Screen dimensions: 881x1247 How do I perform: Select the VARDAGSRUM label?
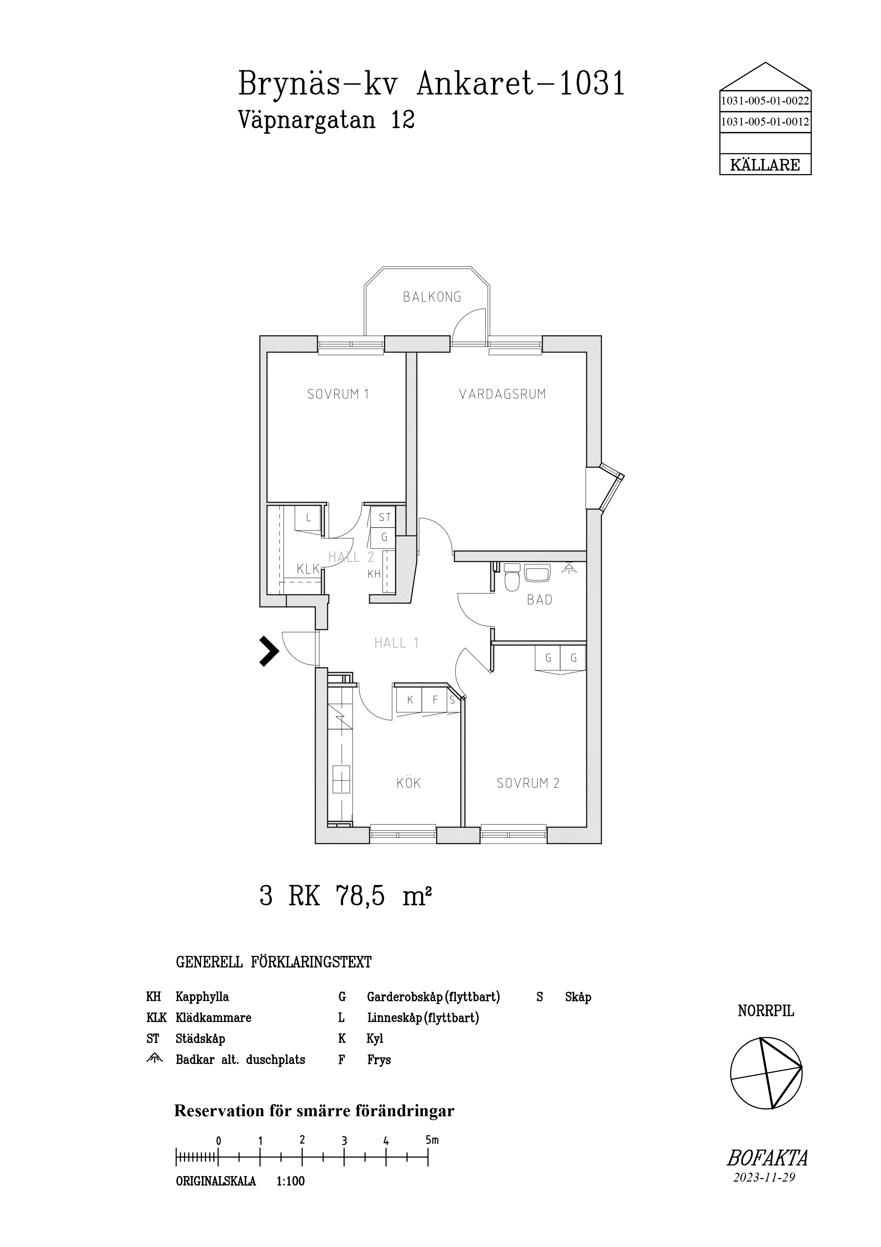coord(503,394)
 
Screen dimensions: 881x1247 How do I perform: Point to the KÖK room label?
coord(408,783)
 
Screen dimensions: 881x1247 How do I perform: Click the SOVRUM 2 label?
coord(528,783)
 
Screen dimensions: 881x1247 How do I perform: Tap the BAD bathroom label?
coord(539,600)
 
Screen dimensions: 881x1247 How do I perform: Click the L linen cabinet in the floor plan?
coord(308,518)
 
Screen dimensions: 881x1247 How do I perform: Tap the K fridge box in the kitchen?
coord(410,700)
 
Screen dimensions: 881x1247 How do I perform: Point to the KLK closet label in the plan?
coord(308,569)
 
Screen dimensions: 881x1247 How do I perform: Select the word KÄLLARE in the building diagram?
coord(765,165)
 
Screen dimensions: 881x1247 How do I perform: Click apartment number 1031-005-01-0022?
coord(765,101)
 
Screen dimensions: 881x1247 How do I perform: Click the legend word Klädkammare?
coord(213,1017)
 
